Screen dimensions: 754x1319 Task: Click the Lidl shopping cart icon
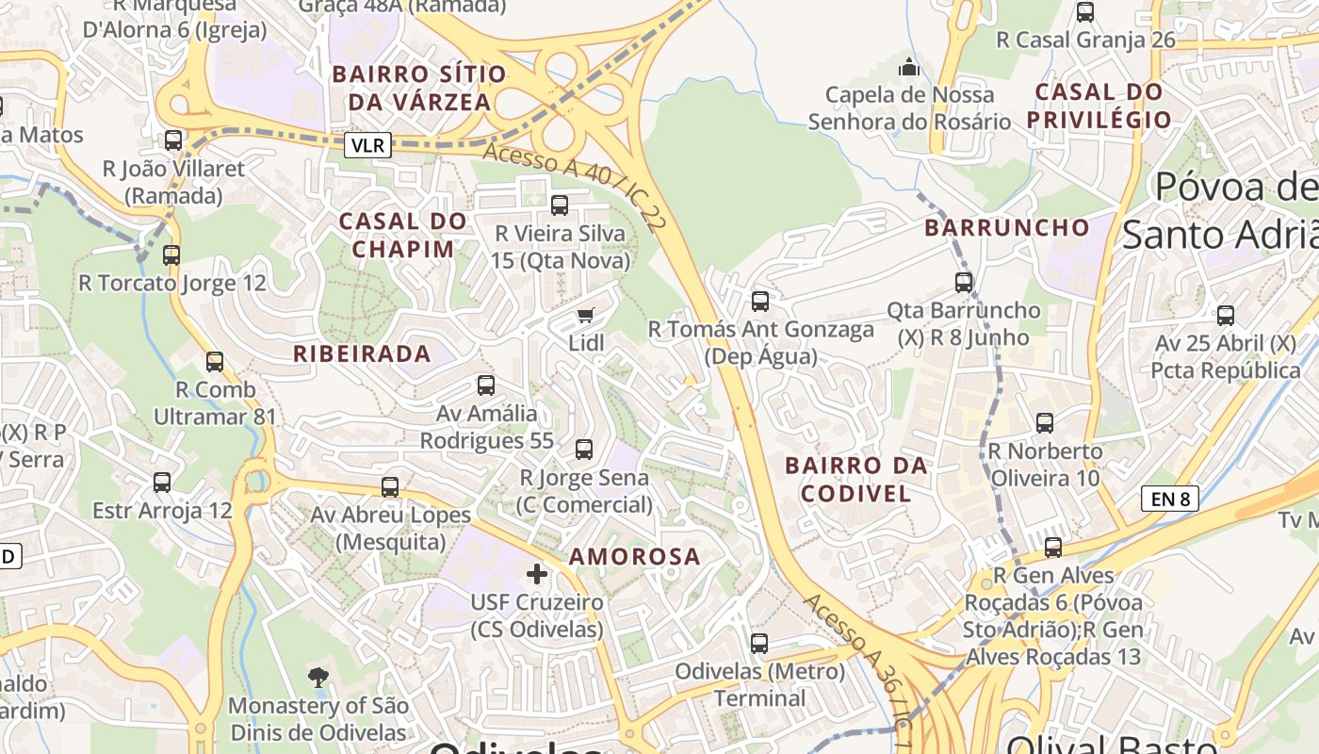tap(586, 315)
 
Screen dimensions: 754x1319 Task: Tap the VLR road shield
tap(367, 145)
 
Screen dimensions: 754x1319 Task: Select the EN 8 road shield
tap(1170, 499)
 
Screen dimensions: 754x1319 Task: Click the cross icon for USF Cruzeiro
tap(537, 573)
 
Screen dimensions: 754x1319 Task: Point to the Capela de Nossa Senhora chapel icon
tap(908, 67)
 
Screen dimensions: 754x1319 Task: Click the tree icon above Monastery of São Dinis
tap(318, 676)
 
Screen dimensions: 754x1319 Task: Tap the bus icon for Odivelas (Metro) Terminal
tap(759, 644)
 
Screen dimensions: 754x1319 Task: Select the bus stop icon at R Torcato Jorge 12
tap(171, 255)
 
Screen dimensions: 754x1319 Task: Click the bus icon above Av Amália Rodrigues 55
tap(486, 385)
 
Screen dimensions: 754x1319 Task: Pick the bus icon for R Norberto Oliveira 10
tap(1045, 423)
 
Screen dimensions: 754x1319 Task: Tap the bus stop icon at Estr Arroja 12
tap(162, 483)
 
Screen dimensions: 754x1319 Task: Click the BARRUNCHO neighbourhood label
tap(1006, 228)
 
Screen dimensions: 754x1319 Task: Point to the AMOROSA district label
tap(635, 557)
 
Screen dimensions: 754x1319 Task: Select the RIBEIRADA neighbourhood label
tap(362, 354)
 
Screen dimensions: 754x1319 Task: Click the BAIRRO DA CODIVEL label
tap(856, 479)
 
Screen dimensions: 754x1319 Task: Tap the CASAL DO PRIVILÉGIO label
tap(1099, 106)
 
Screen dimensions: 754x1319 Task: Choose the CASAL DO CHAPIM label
tap(403, 235)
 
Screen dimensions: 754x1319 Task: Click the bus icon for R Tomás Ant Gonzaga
tap(760, 302)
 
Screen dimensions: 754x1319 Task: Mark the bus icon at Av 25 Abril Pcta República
tap(1226, 316)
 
